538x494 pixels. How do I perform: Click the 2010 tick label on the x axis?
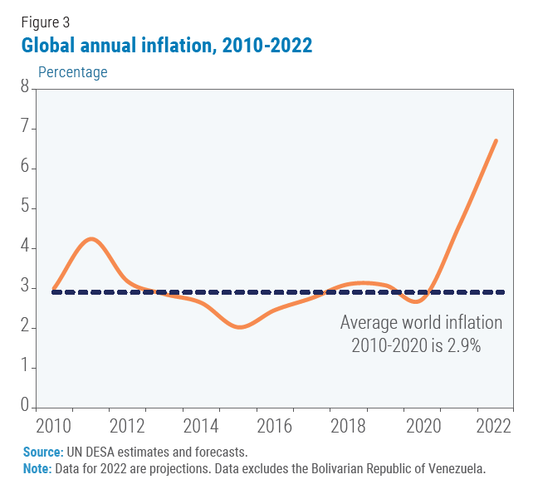pos(53,425)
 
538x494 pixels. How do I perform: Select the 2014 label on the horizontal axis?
pos(200,425)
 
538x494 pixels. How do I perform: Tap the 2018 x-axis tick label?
pos(347,425)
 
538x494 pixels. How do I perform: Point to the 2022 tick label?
pos(493,425)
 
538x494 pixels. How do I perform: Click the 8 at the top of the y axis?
pos(24,87)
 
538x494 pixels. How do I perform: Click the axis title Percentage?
pos(73,72)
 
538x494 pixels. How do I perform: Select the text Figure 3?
pos(45,22)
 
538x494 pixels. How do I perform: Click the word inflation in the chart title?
pos(174,45)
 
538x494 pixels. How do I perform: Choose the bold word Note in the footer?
pos(37,468)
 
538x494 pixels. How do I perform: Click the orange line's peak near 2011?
pos(91,239)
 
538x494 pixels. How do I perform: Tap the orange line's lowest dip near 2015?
pos(239,327)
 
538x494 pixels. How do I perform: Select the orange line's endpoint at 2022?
pos(496,140)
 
